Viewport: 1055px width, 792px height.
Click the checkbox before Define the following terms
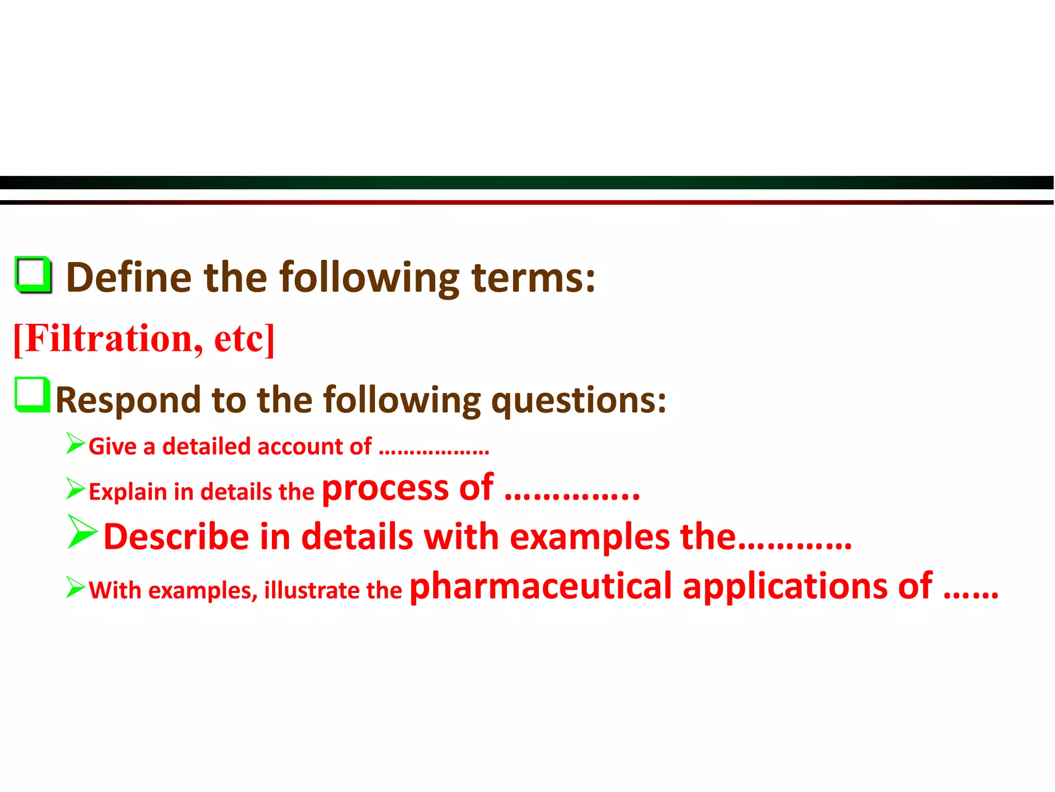pyautogui.click(x=33, y=274)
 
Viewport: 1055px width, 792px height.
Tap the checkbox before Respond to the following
pyautogui.click(x=32, y=395)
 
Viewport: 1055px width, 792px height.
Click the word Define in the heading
pyautogui.click(x=129, y=278)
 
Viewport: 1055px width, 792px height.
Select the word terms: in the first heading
pyautogui.click(x=533, y=278)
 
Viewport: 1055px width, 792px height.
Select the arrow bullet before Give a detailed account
pyautogui.click(x=75, y=443)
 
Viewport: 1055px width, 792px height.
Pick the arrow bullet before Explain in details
pyautogui.click(x=75, y=488)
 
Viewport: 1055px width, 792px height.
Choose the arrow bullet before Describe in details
pyautogui.click(x=82, y=532)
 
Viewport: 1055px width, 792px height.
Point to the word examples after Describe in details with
pyautogui.click(x=590, y=538)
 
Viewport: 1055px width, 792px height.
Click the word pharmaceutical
pyautogui.click(x=541, y=587)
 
